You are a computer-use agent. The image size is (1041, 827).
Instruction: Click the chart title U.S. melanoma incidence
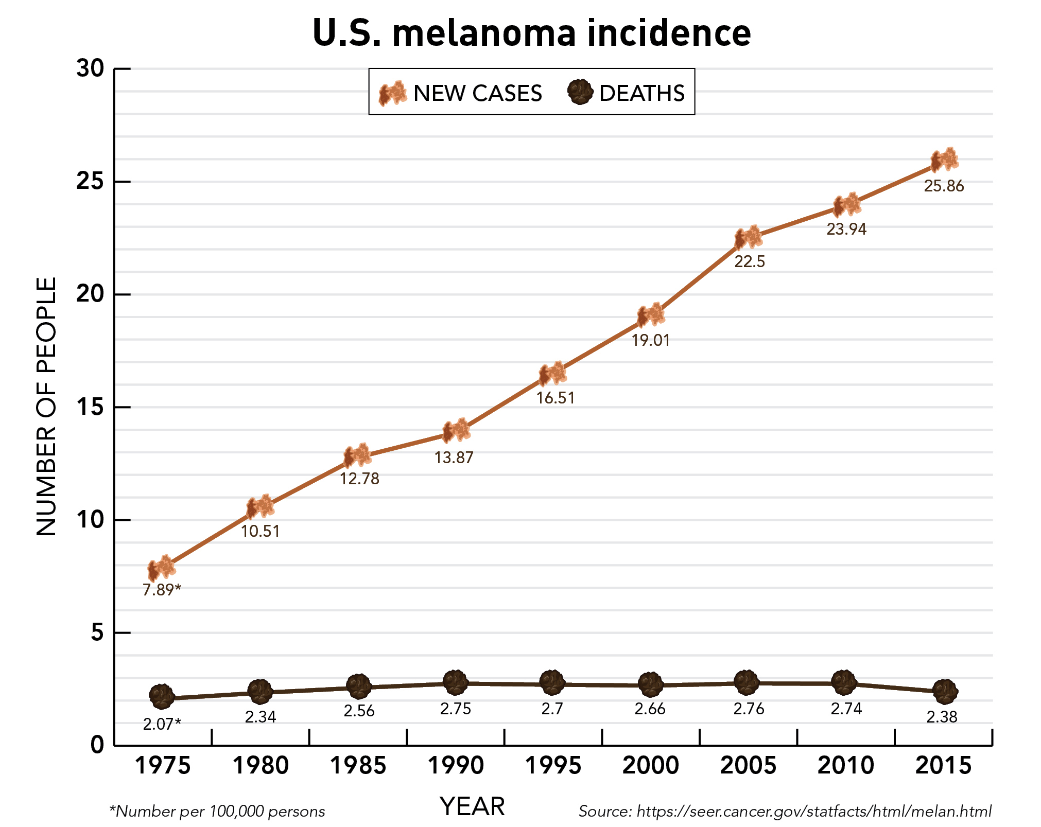[x=531, y=33]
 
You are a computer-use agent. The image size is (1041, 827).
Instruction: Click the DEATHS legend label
[x=641, y=94]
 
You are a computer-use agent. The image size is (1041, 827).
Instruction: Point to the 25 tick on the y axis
[x=90, y=181]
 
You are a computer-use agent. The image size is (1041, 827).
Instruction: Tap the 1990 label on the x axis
[x=456, y=765]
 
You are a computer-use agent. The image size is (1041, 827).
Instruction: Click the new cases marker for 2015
[x=944, y=160]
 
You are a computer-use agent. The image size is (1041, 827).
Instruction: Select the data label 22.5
[x=749, y=262]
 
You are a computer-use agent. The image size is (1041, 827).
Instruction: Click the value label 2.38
[x=942, y=717]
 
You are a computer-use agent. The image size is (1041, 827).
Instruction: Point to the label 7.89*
[x=162, y=590]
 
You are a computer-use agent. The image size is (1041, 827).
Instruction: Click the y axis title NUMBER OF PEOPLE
[x=46, y=407]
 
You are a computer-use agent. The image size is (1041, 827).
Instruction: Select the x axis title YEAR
[x=472, y=806]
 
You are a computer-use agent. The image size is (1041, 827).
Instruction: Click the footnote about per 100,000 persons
[x=217, y=812]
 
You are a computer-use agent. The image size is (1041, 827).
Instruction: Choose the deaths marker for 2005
[x=747, y=682]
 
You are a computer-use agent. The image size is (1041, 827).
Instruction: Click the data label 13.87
[x=454, y=458]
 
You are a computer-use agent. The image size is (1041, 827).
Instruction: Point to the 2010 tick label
[x=845, y=765]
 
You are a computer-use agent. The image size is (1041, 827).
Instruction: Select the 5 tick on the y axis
[x=97, y=632]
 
